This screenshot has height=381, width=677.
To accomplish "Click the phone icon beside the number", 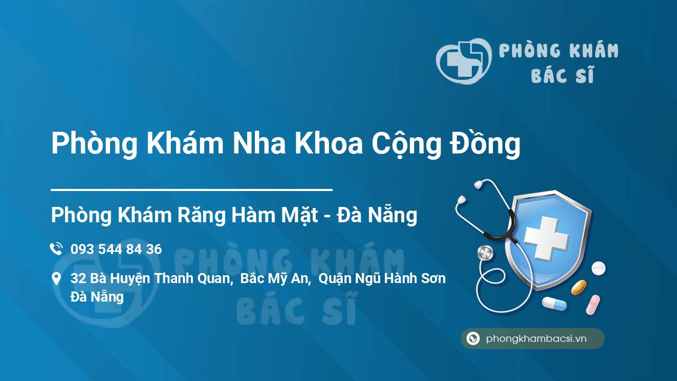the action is coord(56,249).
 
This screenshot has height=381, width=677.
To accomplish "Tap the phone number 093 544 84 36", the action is coord(116,249).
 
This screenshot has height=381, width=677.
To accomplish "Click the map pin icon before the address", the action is coord(56,278).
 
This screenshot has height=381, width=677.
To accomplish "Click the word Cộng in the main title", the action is coord(406,145).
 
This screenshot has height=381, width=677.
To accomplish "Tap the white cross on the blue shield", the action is coord(546,238).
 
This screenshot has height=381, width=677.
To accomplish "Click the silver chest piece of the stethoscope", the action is coord(486,253).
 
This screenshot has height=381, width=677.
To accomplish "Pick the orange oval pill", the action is coord(579,287).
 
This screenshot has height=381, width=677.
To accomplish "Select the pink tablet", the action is coord(593,305).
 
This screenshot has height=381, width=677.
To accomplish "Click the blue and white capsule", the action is coord(554,304).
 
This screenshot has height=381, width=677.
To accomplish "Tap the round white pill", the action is coord(598,268).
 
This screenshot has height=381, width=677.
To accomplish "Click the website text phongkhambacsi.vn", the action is coord(536,339).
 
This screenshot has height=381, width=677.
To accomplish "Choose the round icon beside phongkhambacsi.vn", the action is coord(473,338).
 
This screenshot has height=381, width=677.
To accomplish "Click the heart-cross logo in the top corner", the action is coord(464,61).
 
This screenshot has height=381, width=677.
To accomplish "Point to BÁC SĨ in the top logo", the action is coord(562,75).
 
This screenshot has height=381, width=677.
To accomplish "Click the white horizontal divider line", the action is coord(191,190).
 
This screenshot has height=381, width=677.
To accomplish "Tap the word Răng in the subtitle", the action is coord(202,215).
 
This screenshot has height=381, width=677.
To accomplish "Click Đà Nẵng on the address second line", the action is coord(97,297).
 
